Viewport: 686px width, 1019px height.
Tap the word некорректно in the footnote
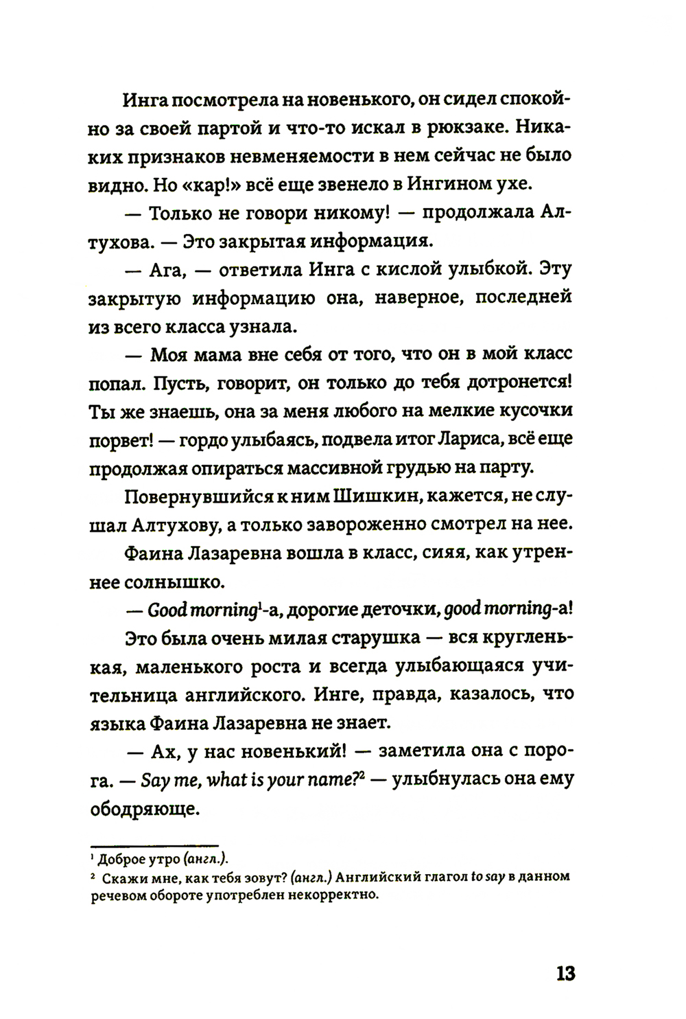tap(331, 896)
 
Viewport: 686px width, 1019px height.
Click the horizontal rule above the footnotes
tap(154, 845)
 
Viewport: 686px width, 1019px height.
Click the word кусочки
tap(536, 411)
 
